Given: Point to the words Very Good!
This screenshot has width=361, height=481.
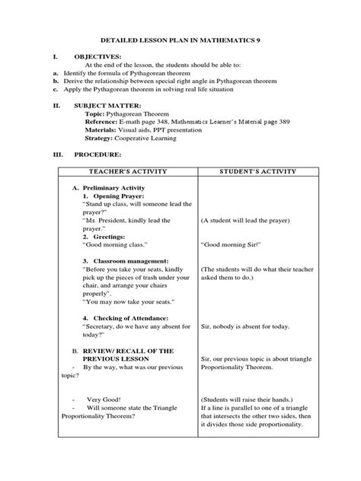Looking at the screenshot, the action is [x=104, y=399].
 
